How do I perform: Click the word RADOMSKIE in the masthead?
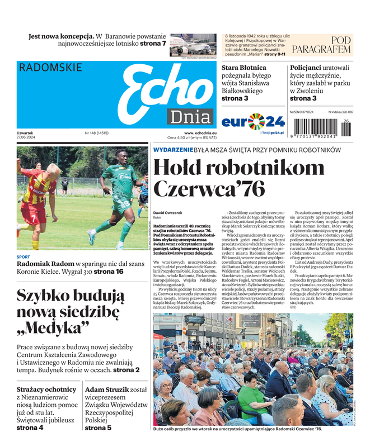(x=50, y=68)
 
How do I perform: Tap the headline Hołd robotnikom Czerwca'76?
(x=238, y=178)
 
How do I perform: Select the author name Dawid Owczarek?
(x=168, y=212)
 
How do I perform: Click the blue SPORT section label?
(x=24, y=257)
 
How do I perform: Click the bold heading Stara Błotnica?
(x=244, y=68)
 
